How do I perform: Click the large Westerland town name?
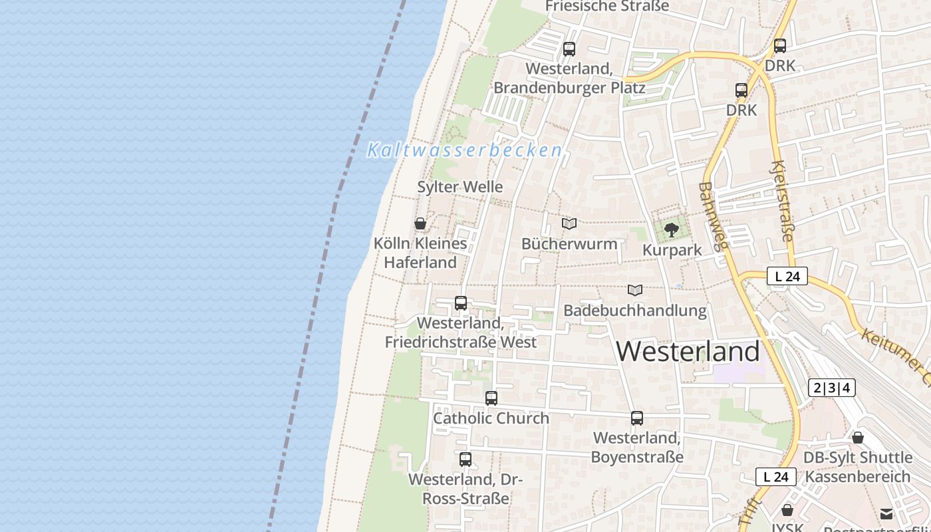point(688,351)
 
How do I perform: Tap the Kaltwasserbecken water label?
point(465,150)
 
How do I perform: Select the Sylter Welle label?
point(460,187)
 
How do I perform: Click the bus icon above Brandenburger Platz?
point(569,49)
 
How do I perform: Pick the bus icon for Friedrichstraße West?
point(460,303)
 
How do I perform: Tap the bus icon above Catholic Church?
point(491,398)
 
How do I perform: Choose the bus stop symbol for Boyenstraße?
point(636,418)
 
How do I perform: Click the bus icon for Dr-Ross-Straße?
point(465,459)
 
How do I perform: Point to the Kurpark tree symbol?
point(672,230)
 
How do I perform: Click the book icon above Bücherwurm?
point(569,224)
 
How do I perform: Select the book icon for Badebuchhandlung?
point(634,291)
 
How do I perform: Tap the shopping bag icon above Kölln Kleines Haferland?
point(420,223)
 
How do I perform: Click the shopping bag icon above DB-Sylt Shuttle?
point(858,438)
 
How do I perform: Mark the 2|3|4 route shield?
point(832,388)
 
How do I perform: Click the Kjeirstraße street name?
point(782,199)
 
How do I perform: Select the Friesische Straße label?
point(606,6)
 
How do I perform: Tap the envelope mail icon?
point(886,513)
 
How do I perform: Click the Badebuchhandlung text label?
point(634,311)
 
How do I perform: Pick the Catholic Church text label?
point(491,418)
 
